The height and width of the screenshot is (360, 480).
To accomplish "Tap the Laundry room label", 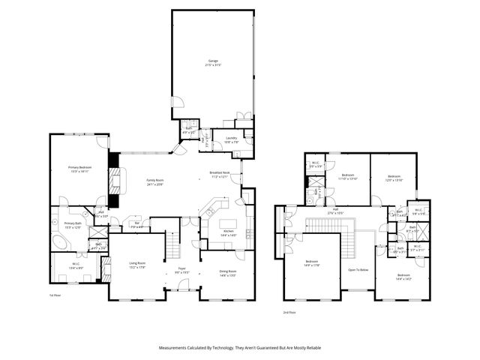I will (x=231, y=138).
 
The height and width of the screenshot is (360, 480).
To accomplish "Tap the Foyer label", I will (x=181, y=269).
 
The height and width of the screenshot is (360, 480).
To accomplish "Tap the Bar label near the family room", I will (x=137, y=223).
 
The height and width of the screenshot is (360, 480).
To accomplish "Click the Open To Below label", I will (x=358, y=269).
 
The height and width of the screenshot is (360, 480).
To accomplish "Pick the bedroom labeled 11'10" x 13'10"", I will (x=348, y=178).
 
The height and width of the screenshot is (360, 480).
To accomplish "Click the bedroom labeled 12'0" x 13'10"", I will (x=394, y=178).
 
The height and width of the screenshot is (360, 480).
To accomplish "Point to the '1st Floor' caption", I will (x=55, y=296).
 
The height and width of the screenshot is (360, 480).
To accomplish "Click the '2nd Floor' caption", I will (x=289, y=311).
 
